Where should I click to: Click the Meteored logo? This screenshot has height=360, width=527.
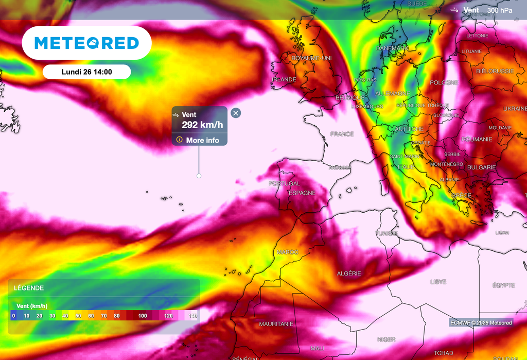point(86,43)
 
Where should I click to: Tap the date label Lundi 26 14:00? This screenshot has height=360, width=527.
point(86,72)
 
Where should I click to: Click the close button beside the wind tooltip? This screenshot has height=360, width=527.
point(236,113)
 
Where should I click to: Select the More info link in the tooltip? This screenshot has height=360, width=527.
point(202,140)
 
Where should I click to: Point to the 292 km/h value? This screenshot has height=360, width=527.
point(203,125)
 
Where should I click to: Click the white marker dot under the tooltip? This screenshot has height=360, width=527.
point(199,176)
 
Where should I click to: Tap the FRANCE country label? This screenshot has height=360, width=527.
point(342,134)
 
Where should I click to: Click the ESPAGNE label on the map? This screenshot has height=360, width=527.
point(302,193)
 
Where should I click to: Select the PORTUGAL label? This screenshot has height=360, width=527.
point(284,184)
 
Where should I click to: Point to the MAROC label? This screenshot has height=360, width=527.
point(288,252)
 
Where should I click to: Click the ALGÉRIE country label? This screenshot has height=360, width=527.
point(348,273)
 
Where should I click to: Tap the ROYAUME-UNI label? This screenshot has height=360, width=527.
point(311,59)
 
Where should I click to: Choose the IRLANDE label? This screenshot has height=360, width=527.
point(284,80)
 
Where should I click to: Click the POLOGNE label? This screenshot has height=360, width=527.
point(444,83)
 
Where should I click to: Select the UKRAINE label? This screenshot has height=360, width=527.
point(515,109)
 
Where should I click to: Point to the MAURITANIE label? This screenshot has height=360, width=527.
point(276,324)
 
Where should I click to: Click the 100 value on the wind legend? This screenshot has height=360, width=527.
point(143,316)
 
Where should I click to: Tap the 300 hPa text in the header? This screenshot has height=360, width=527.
point(500,10)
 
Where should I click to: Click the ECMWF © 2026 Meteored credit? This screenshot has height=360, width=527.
point(481,323)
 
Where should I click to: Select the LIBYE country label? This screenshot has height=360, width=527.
point(438,282)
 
